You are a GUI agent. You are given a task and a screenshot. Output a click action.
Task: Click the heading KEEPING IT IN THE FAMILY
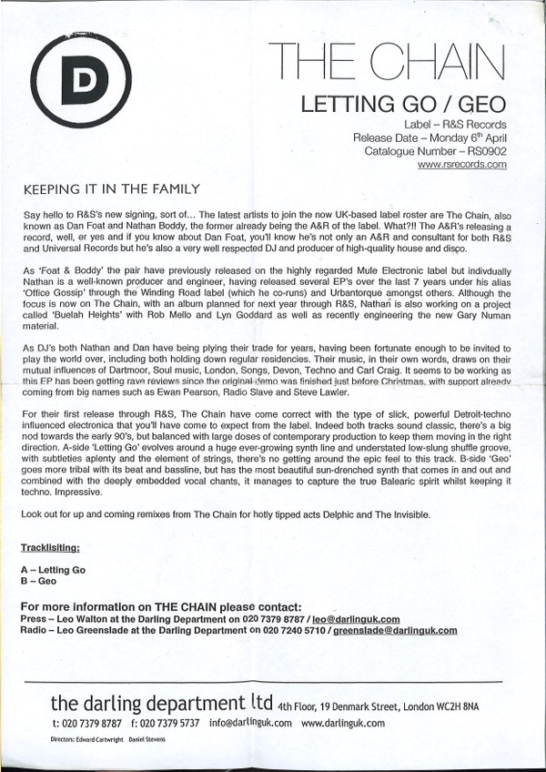point(108,189)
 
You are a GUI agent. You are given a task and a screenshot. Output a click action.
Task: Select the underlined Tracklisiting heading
point(56,549)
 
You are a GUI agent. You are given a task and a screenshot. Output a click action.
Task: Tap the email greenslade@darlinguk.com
point(394,629)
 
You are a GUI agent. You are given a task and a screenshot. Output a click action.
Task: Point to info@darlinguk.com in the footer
point(248,724)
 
